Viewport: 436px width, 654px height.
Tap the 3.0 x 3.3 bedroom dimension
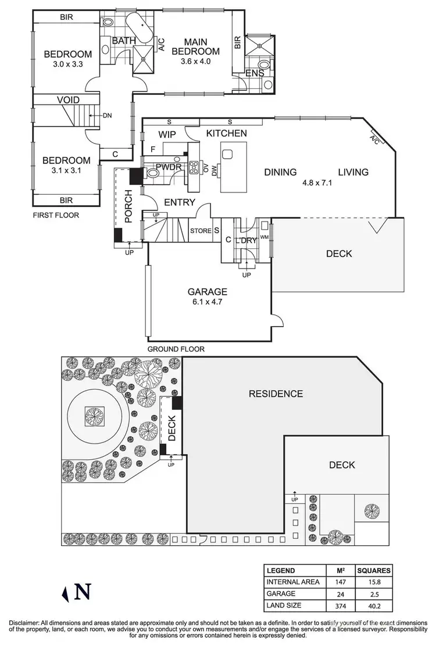click(67, 65)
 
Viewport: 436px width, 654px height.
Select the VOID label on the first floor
click(68, 100)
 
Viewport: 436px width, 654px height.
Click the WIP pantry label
click(167, 134)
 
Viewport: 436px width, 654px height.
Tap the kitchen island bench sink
click(227, 155)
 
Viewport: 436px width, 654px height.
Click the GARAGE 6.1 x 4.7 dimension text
click(206, 302)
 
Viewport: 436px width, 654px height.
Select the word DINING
click(280, 172)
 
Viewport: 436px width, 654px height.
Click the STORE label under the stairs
click(201, 231)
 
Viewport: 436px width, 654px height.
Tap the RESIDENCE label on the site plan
click(276, 394)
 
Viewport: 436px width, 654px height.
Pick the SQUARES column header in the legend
click(374, 570)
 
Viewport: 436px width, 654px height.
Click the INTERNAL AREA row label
click(292, 582)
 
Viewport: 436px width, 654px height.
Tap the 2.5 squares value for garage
click(374, 594)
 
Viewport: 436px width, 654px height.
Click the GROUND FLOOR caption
click(176, 349)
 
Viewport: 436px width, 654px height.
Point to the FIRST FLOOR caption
click(55, 215)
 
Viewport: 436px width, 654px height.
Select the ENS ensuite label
click(255, 73)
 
